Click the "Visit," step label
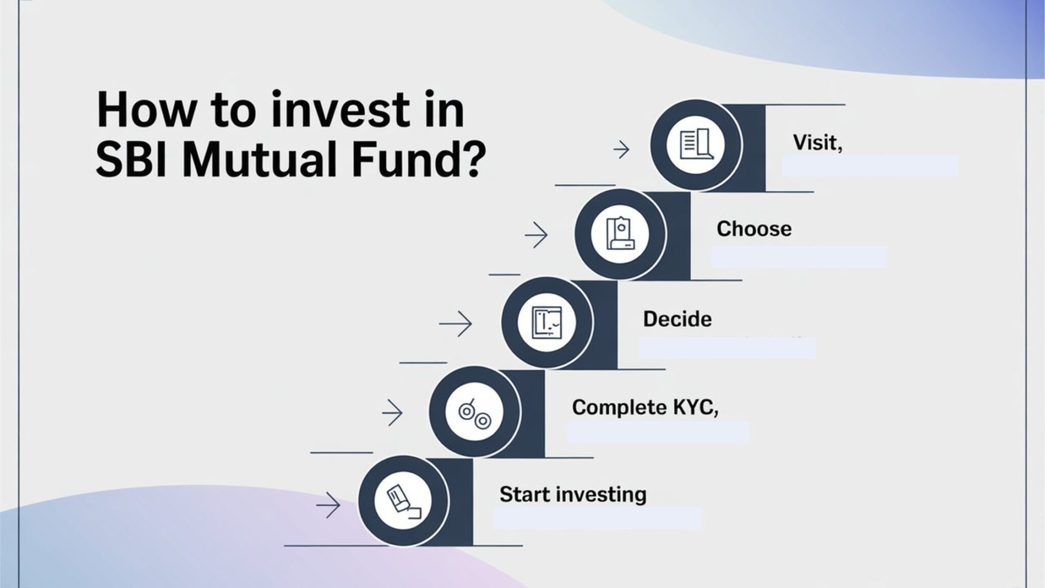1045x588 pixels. pyautogui.click(x=817, y=143)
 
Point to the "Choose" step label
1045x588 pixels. pyautogui.click(x=754, y=229)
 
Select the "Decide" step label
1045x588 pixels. pyautogui.click(x=677, y=320)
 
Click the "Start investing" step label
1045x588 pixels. pyautogui.click(x=573, y=495)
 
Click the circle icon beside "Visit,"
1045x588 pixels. pyautogui.click(x=695, y=145)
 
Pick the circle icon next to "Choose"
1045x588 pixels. pyautogui.click(x=620, y=234)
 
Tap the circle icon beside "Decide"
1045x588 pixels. pyautogui.click(x=546, y=323)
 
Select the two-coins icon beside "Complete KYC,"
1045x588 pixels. pyautogui.click(x=474, y=411)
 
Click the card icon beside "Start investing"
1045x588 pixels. pyautogui.click(x=403, y=501)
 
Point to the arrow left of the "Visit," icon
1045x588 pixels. pyautogui.click(x=621, y=150)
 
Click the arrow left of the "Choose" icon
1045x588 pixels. pyautogui.click(x=536, y=235)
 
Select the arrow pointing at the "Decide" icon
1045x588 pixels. pyautogui.click(x=456, y=324)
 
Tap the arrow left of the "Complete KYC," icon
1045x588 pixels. pyautogui.click(x=392, y=412)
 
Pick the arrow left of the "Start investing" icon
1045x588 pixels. pyautogui.click(x=328, y=505)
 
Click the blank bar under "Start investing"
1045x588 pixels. pyautogui.click(x=597, y=518)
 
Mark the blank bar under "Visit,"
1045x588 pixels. pyautogui.click(x=870, y=166)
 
